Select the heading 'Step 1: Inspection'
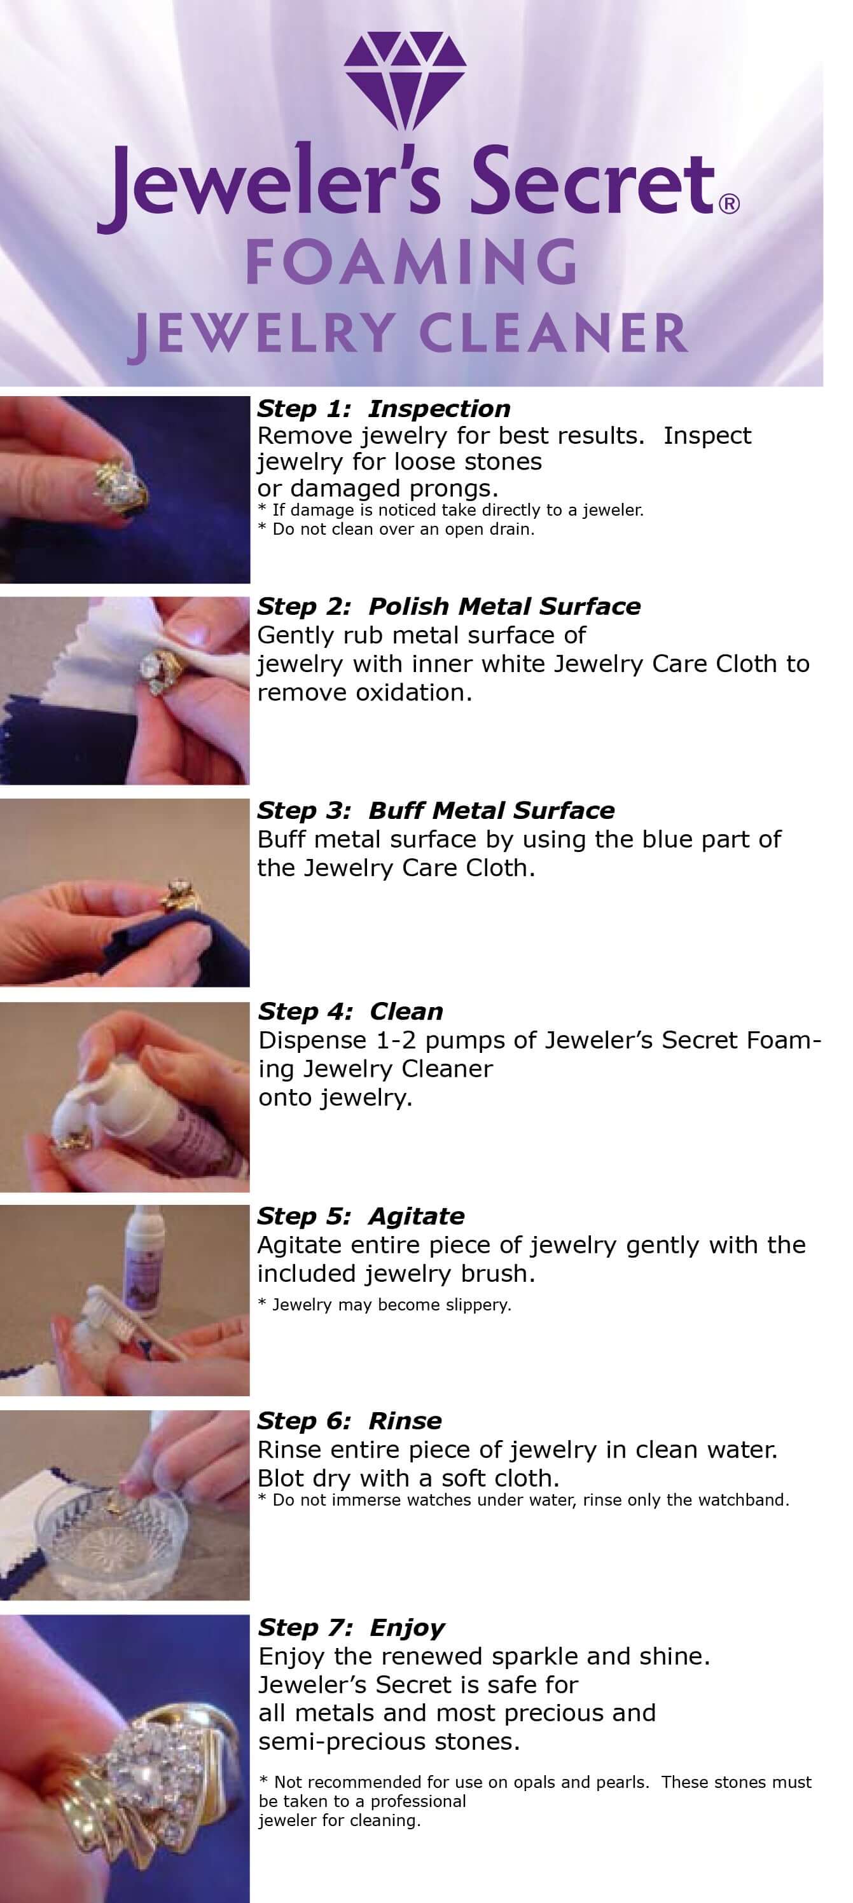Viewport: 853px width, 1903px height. coord(384,409)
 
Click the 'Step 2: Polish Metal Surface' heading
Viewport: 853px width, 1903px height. coord(448,607)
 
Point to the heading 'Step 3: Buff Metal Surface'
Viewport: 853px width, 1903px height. coord(435,811)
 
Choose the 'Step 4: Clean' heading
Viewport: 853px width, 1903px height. coord(350,1012)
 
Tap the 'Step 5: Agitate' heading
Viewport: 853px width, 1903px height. coord(361,1216)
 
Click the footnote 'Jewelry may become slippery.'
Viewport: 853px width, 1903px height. coord(384,1305)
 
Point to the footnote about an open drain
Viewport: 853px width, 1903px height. coord(396,529)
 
